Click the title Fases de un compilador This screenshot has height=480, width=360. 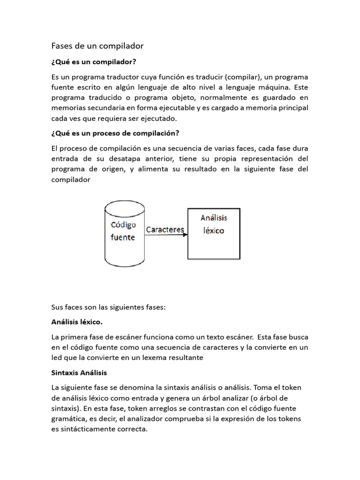click(97, 46)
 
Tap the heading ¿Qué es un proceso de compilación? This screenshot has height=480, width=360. click(115, 133)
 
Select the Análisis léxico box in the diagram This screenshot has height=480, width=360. click(214, 233)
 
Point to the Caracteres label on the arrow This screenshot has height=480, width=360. click(165, 229)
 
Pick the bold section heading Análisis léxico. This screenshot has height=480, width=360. click(76, 322)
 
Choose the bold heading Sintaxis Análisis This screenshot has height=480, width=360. click(79, 373)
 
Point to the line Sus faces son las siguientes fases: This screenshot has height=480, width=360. click(108, 307)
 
